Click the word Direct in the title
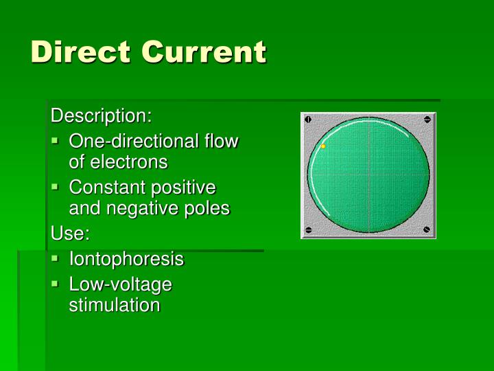(x=80, y=52)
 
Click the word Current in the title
(x=204, y=52)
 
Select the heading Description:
(x=102, y=115)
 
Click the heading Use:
(x=71, y=234)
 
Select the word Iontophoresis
(x=126, y=259)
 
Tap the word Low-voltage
(x=120, y=284)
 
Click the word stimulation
(x=114, y=305)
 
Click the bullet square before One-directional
(x=56, y=141)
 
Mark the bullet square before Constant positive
(x=56, y=186)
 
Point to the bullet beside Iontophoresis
(x=56, y=258)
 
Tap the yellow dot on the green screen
(x=323, y=146)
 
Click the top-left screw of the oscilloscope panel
(x=308, y=120)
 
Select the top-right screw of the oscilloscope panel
(x=427, y=120)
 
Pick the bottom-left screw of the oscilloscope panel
(x=308, y=229)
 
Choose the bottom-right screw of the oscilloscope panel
(x=427, y=229)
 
